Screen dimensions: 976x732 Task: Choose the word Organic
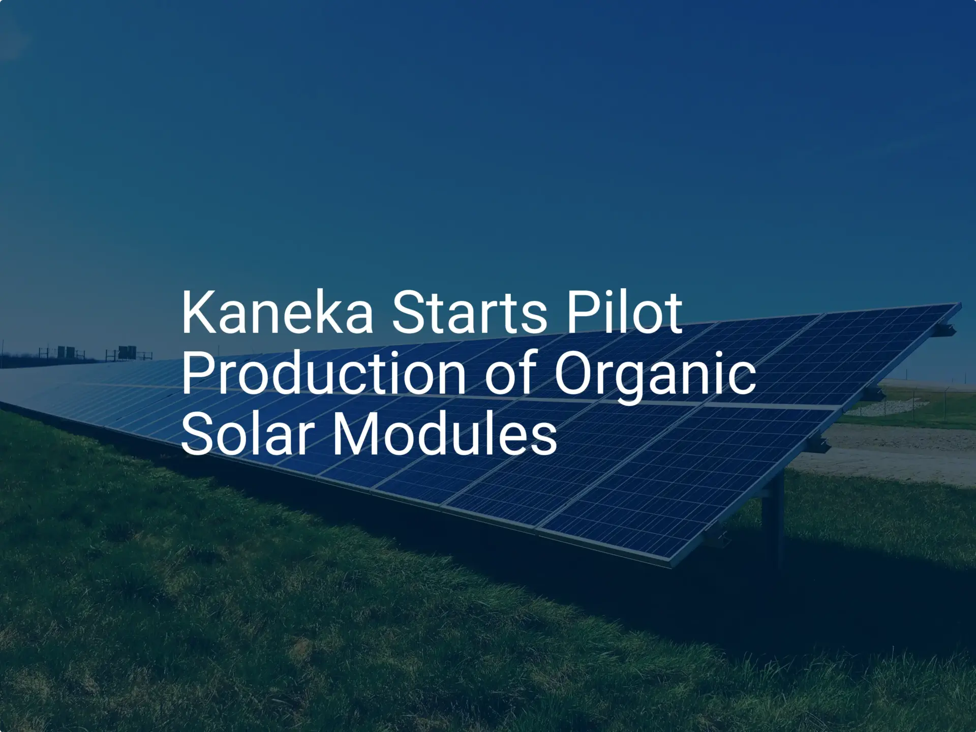pos(655,377)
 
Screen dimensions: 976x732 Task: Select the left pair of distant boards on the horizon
pos(66,351)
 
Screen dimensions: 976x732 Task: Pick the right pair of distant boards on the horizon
pos(127,352)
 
